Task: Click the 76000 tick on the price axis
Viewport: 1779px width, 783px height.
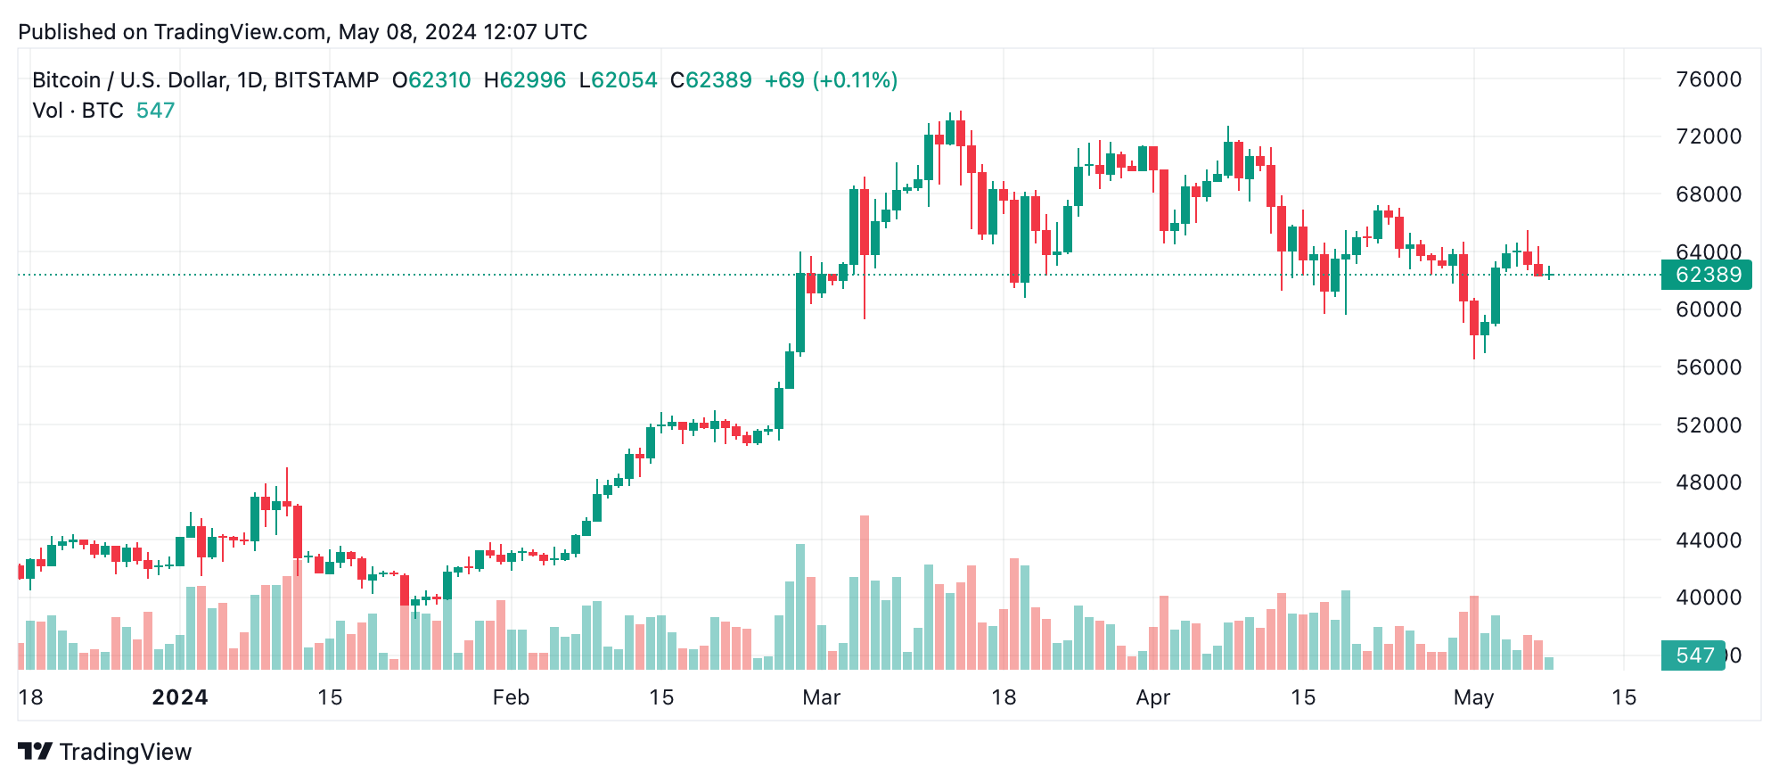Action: [1708, 79]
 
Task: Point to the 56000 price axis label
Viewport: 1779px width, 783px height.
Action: [1708, 367]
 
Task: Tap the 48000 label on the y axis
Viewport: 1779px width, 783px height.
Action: [1708, 482]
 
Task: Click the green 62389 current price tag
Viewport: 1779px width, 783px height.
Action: [1707, 275]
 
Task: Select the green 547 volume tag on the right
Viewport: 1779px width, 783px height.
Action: [1693, 655]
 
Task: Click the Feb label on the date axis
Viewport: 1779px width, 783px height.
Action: [511, 697]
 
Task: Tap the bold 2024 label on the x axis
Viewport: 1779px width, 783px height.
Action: [180, 697]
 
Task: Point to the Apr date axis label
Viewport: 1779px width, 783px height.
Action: [1152, 697]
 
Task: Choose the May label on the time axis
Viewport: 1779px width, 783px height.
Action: [1473, 697]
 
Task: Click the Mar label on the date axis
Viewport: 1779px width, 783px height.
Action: [821, 697]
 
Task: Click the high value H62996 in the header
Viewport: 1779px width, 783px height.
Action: [525, 80]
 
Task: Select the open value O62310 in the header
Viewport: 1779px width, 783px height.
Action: [431, 80]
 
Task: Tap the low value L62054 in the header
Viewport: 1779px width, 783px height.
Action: [618, 80]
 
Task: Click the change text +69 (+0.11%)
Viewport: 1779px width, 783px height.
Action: [831, 80]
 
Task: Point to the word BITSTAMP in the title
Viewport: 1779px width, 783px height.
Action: [326, 80]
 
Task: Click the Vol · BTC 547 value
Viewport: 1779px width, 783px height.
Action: [155, 111]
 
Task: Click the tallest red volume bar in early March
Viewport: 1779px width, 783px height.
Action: [864, 592]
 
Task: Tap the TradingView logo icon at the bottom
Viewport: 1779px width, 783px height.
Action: [36, 752]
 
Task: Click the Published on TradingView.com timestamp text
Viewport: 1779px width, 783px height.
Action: [303, 32]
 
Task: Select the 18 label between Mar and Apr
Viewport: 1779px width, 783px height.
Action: [1004, 697]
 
